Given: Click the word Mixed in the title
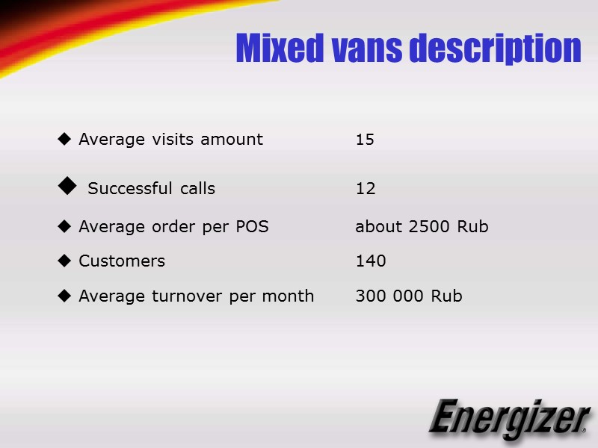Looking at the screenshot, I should click(277, 49).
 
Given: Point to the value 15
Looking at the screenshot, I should click(365, 140).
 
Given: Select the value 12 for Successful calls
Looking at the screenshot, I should click(366, 189).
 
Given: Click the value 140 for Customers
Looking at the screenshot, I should click(371, 261).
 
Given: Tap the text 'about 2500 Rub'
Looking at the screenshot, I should click(422, 227).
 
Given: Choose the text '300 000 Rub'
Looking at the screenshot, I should click(409, 296).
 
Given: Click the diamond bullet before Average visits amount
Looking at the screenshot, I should click(64, 139).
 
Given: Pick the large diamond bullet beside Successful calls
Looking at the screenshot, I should click(67, 185).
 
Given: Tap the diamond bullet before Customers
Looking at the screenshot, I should click(64, 261).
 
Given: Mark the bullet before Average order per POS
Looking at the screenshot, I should click(64, 225).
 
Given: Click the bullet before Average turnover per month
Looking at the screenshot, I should click(64, 296).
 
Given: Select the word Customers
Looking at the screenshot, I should click(122, 261).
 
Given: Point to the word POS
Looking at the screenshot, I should click(252, 227).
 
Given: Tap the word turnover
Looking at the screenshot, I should click(188, 296).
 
